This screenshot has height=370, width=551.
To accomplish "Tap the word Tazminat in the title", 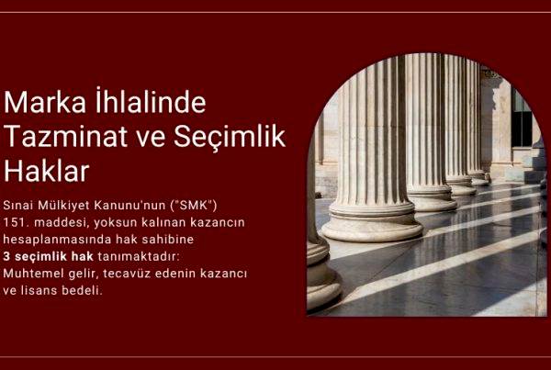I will pos(62,136).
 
